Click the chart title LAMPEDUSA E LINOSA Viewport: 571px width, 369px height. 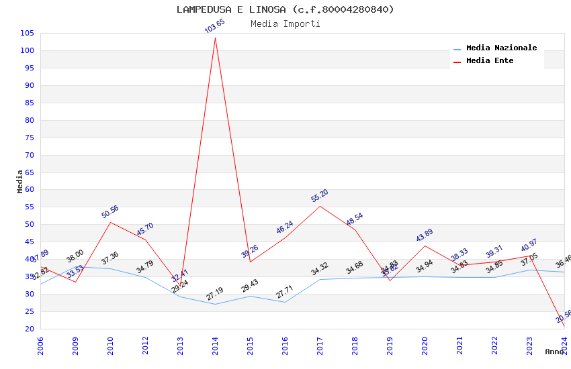click(285, 9)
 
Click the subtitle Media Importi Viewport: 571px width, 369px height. click(285, 24)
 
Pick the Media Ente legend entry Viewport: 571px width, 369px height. click(490, 61)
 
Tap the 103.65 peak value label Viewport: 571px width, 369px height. click(215, 26)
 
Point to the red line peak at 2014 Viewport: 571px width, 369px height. click(215, 38)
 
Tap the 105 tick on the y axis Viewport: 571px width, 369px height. click(28, 34)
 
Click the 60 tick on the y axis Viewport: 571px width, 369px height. click(30, 190)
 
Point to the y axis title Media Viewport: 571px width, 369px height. click(20, 181)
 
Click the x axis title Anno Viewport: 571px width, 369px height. click(554, 352)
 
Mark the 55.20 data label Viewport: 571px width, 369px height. click(320, 195)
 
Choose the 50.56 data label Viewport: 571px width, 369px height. click(110, 211)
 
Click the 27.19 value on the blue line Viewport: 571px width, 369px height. click(215, 294)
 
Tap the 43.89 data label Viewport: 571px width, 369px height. click(425, 235)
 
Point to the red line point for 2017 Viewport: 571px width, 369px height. click(320, 206)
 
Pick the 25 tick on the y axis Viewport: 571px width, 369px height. click(30, 312)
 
